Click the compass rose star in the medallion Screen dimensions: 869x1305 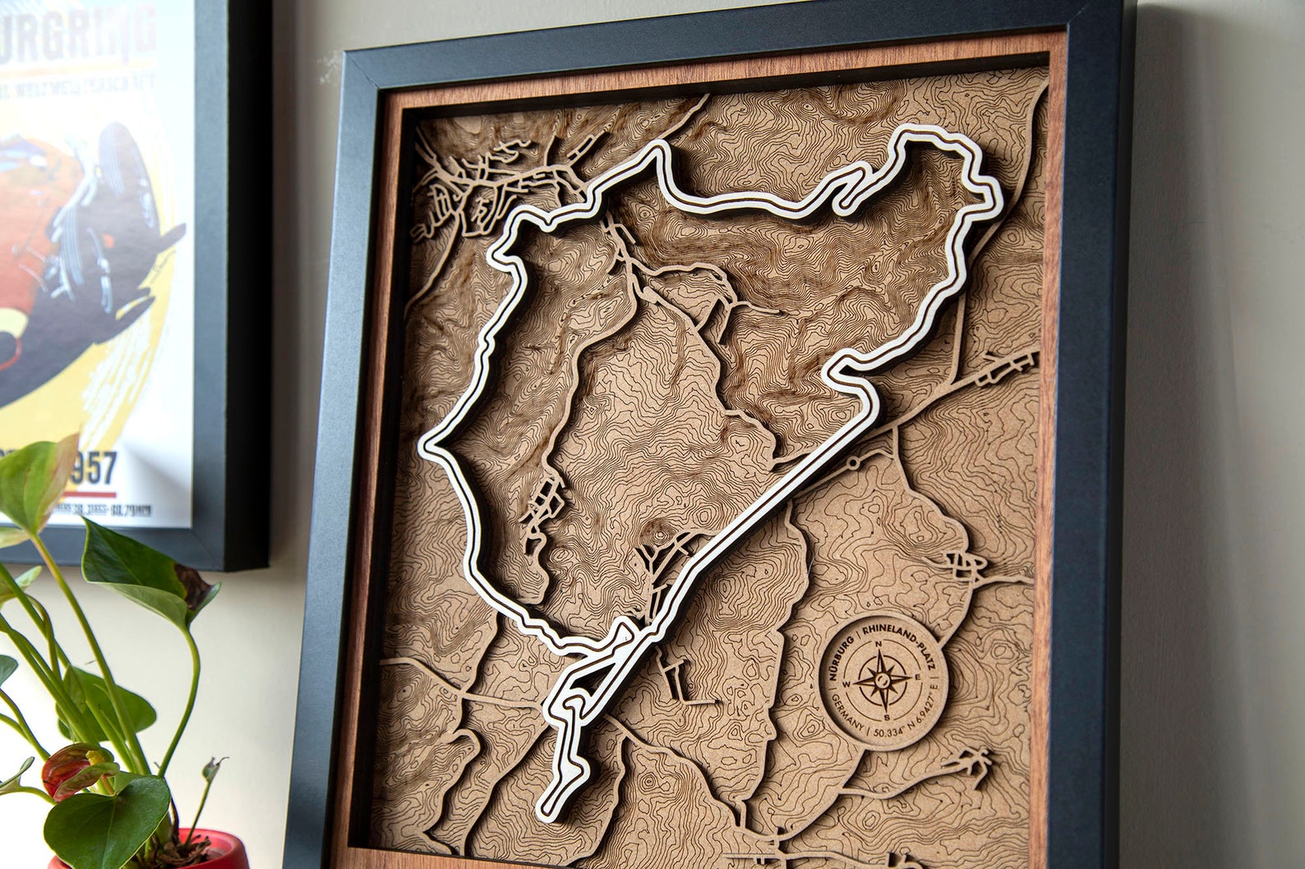coord(880,679)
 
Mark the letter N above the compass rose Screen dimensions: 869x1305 coord(879,644)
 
